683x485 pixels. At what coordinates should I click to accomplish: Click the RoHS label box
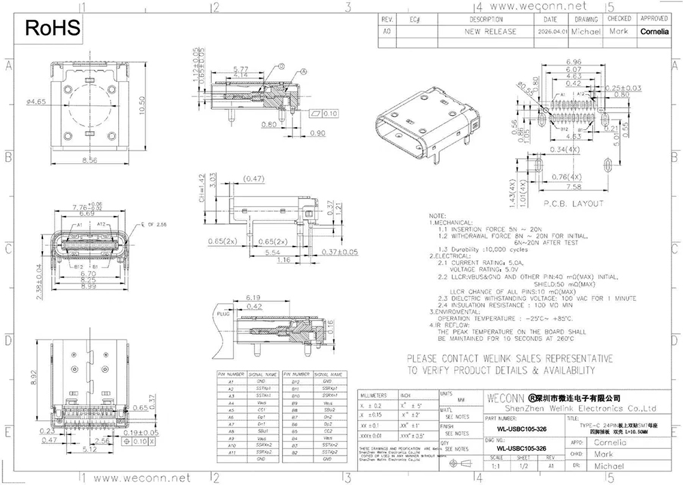pos(52,28)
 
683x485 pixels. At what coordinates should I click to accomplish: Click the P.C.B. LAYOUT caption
pos(573,204)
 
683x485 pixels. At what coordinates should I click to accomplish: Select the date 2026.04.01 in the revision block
pos(552,31)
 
